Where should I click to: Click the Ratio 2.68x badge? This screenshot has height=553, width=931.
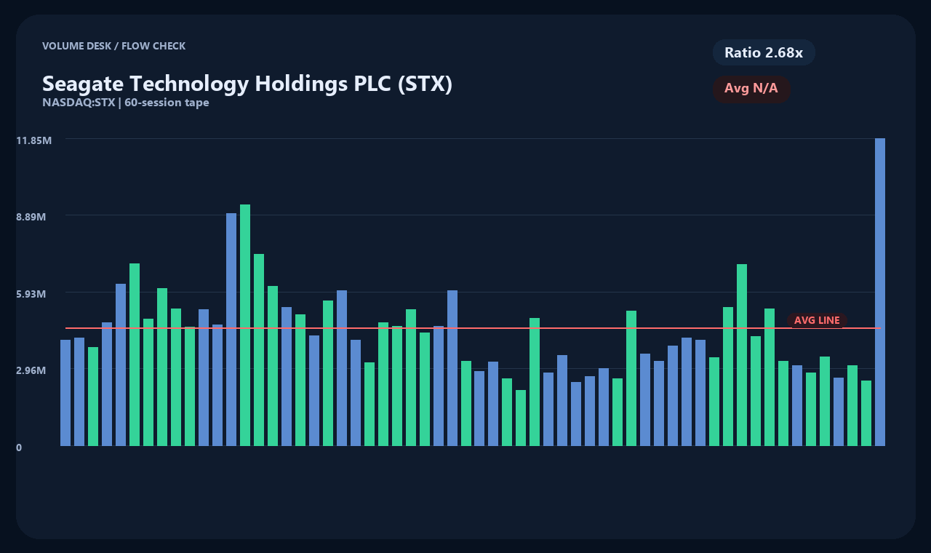[764, 52]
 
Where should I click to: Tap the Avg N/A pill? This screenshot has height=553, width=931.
[751, 88]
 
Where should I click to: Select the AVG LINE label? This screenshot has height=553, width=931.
[817, 320]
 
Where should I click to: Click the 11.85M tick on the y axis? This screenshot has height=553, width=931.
[34, 140]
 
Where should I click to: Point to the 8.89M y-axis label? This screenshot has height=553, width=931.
[31, 217]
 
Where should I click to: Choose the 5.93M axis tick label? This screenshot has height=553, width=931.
[31, 294]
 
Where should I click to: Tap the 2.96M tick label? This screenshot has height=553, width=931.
[31, 370]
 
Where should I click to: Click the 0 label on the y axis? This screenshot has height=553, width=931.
[19, 447]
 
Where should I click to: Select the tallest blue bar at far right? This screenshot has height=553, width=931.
[880, 292]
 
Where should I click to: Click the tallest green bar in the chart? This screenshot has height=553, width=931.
[245, 325]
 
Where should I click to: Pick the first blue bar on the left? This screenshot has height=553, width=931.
[65, 393]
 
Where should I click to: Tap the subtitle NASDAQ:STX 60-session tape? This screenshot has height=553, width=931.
[126, 103]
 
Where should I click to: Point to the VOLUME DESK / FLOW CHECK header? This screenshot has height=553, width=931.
[114, 46]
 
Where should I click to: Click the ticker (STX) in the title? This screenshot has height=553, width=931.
[425, 84]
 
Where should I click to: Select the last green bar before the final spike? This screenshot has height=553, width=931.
[866, 413]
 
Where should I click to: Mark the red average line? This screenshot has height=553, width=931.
[473, 328]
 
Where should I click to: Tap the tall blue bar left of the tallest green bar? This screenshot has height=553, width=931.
[231, 330]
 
